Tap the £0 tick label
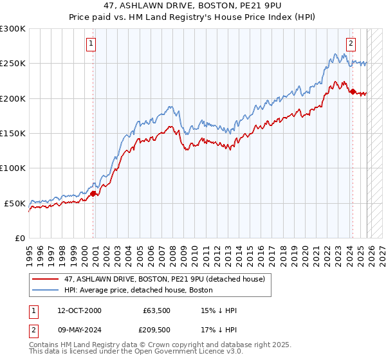point(20,238)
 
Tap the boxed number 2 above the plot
point(351,44)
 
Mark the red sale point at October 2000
point(93,194)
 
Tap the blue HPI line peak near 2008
point(170,106)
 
